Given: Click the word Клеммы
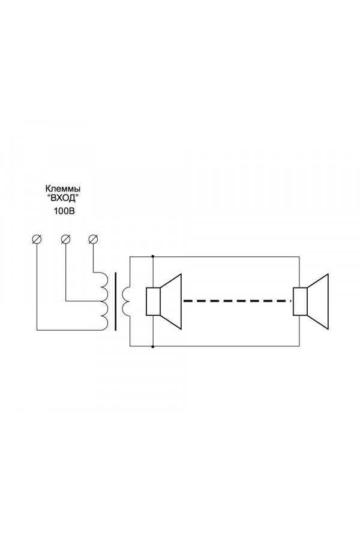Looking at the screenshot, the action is tap(63, 188).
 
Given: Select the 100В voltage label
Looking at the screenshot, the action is tap(64, 211).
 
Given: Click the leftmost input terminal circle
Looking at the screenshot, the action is tap(37, 239).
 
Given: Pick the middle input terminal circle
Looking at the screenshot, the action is tap(65, 239).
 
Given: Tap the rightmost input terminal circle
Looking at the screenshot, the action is tap(93, 239).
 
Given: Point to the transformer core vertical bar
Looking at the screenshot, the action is tap(116, 301).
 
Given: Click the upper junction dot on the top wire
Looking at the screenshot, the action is tap(153, 256).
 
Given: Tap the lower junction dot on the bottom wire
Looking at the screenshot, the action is tap(153, 346).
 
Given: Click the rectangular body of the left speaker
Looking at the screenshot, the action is tap(153, 301).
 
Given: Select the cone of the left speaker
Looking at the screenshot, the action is tap(170, 301).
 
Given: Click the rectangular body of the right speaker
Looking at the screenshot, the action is tap(301, 301).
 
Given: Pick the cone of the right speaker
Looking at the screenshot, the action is tap(318, 301).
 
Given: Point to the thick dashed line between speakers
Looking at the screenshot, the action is tap(237, 301).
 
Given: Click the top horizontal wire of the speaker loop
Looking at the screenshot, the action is tap(215, 256).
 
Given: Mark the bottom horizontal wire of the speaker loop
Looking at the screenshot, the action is tap(215, 346).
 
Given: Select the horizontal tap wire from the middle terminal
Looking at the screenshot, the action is tap(83, 301).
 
